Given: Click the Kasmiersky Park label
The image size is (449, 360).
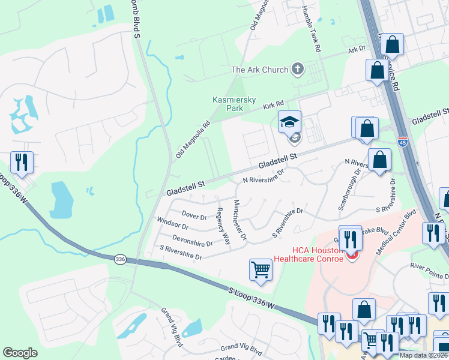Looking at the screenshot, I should [228, 104].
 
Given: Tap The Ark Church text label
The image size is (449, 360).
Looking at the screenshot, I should [259, 70].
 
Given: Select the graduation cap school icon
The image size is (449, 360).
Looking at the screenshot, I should [290, 122].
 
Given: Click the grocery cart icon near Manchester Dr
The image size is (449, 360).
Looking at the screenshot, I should [261, 269].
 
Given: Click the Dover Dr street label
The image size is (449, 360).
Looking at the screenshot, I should [194, 215].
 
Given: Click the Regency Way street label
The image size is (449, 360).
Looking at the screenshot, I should [223, 226].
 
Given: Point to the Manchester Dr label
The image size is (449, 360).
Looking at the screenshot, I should [240, 220].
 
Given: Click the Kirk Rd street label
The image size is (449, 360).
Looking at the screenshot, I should [272, 106].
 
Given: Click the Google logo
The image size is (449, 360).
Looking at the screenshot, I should [20, 353].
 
